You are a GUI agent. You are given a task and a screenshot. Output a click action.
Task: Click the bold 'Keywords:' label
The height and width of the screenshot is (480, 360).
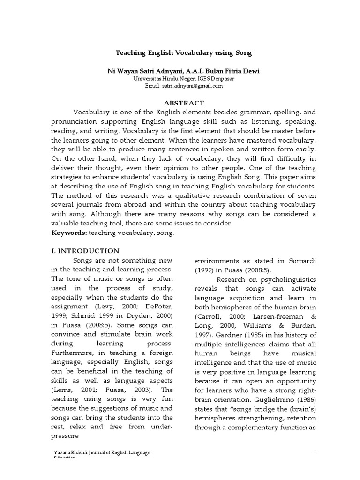(x=68, y=233)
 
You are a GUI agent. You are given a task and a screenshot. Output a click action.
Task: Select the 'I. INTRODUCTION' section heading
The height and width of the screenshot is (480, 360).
(x=85, y=251)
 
